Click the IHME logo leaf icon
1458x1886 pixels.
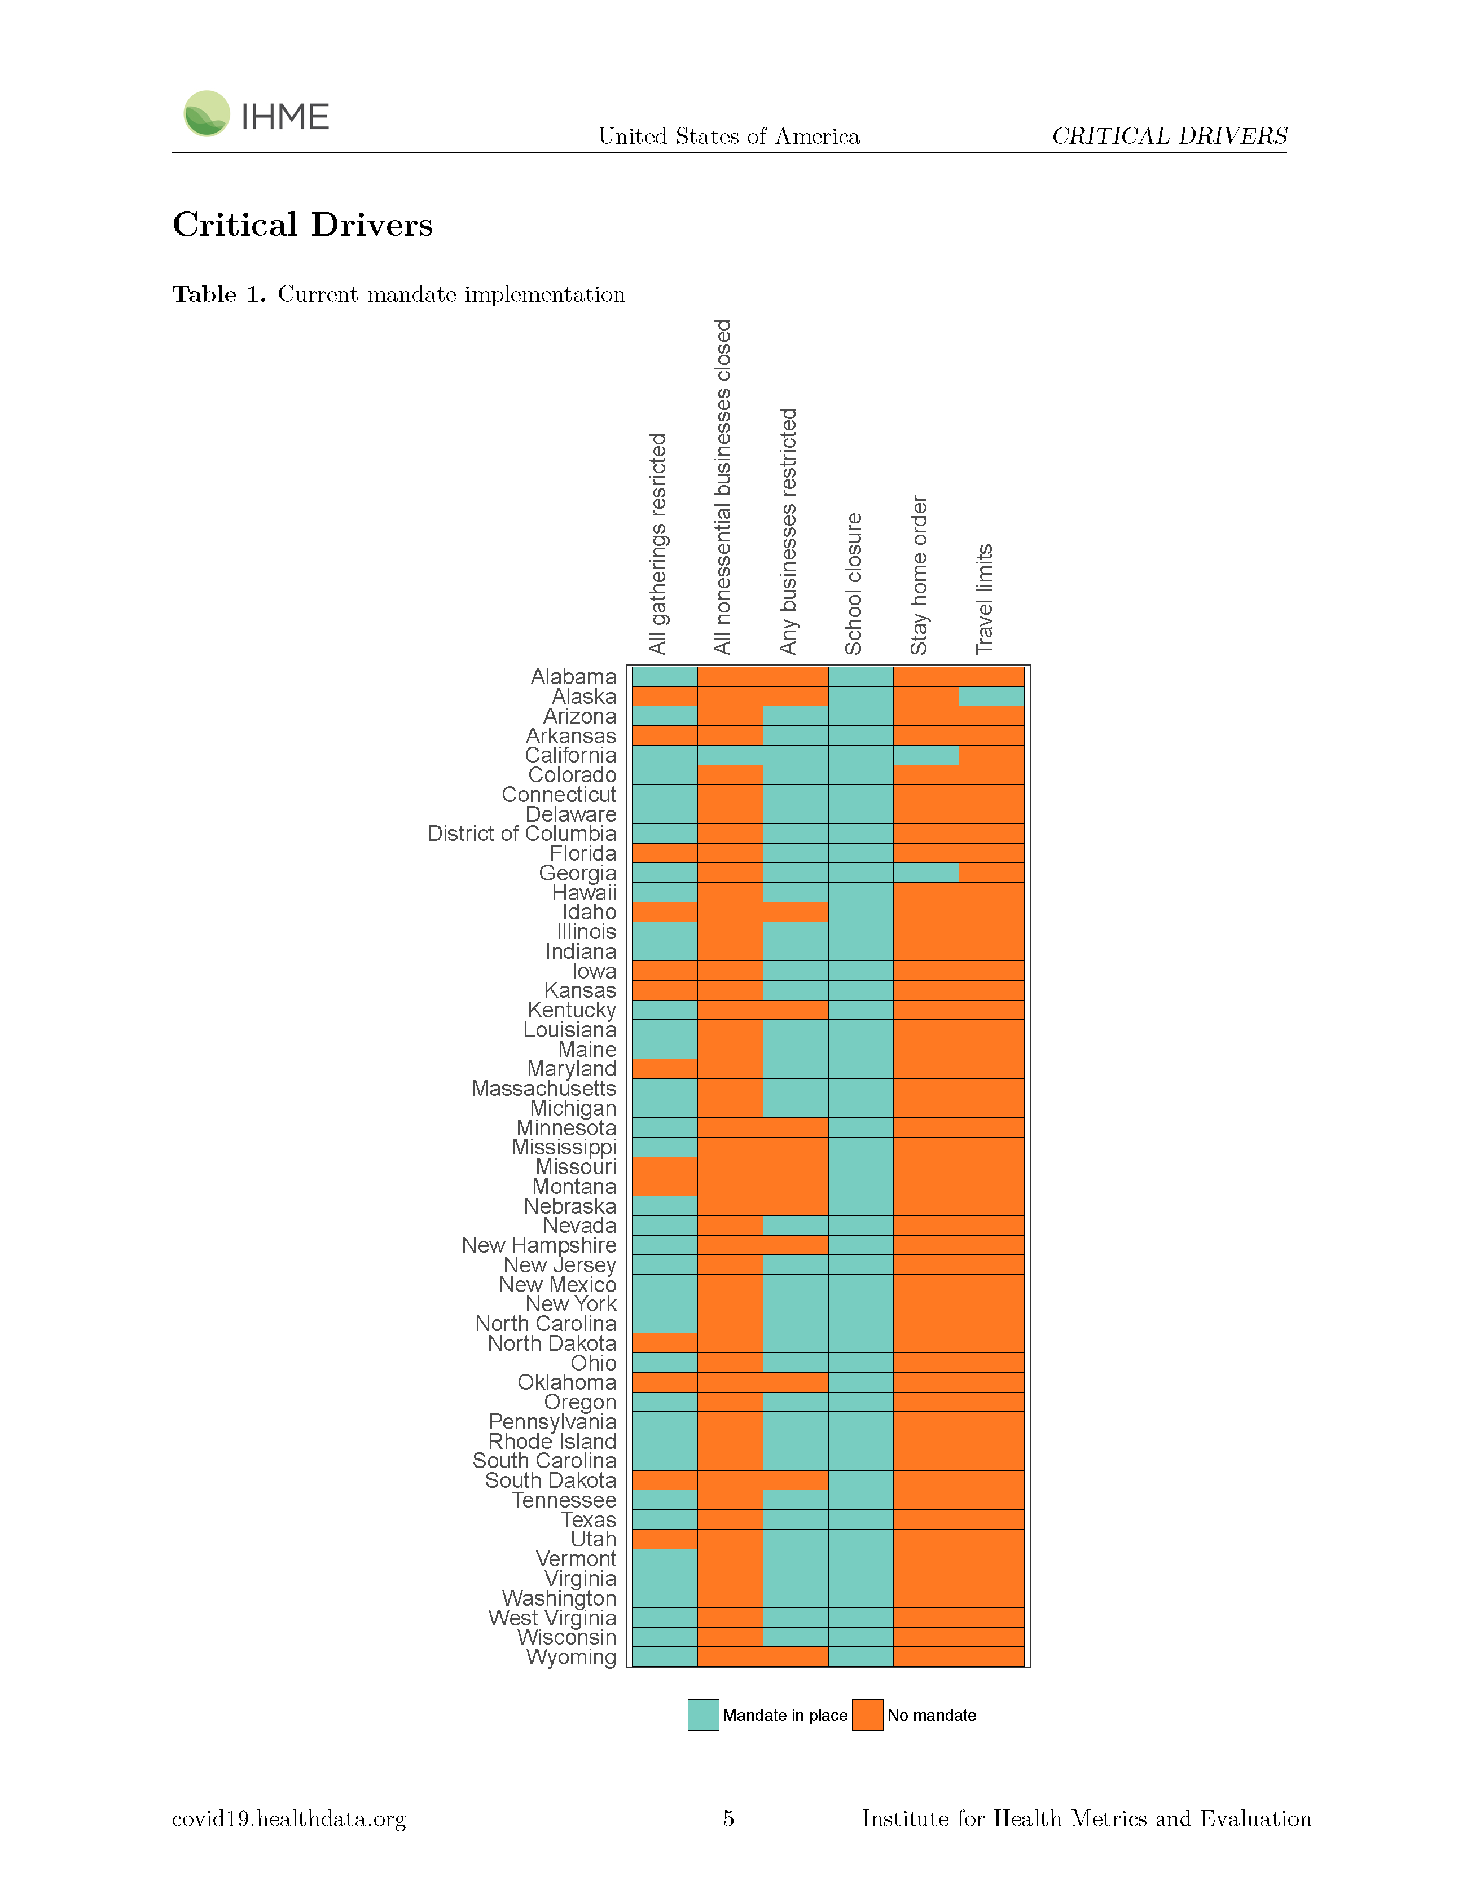[x=207, y=113]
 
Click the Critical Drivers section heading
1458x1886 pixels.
[x=302, y=224]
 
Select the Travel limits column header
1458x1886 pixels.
[x=985, y=600]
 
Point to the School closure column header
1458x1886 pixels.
[x=853, y=584]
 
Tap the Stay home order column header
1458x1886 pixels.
[x=919, y=575]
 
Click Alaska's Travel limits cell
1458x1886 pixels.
[x=991, y=696]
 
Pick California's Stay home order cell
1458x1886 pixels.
[x=926, y=755]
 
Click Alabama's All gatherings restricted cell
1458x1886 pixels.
[x=664, y=676]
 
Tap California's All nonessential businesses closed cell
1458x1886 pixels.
[x=730, y=755]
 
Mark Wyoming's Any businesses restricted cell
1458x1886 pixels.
[x=796, y=1657]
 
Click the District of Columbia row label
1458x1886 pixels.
[x=522, y=834]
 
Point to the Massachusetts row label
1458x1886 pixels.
[x=544, y=1088]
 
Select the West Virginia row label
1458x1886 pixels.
[x=553, y=1618]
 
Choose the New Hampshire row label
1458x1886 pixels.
[x=539, y=1245]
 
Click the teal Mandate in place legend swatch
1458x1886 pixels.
[x=703, y=1715]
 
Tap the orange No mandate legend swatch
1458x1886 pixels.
[x=867, y=1715]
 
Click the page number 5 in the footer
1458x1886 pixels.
[x=728, y=1819]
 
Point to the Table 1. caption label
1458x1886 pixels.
[x=219, y=294]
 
